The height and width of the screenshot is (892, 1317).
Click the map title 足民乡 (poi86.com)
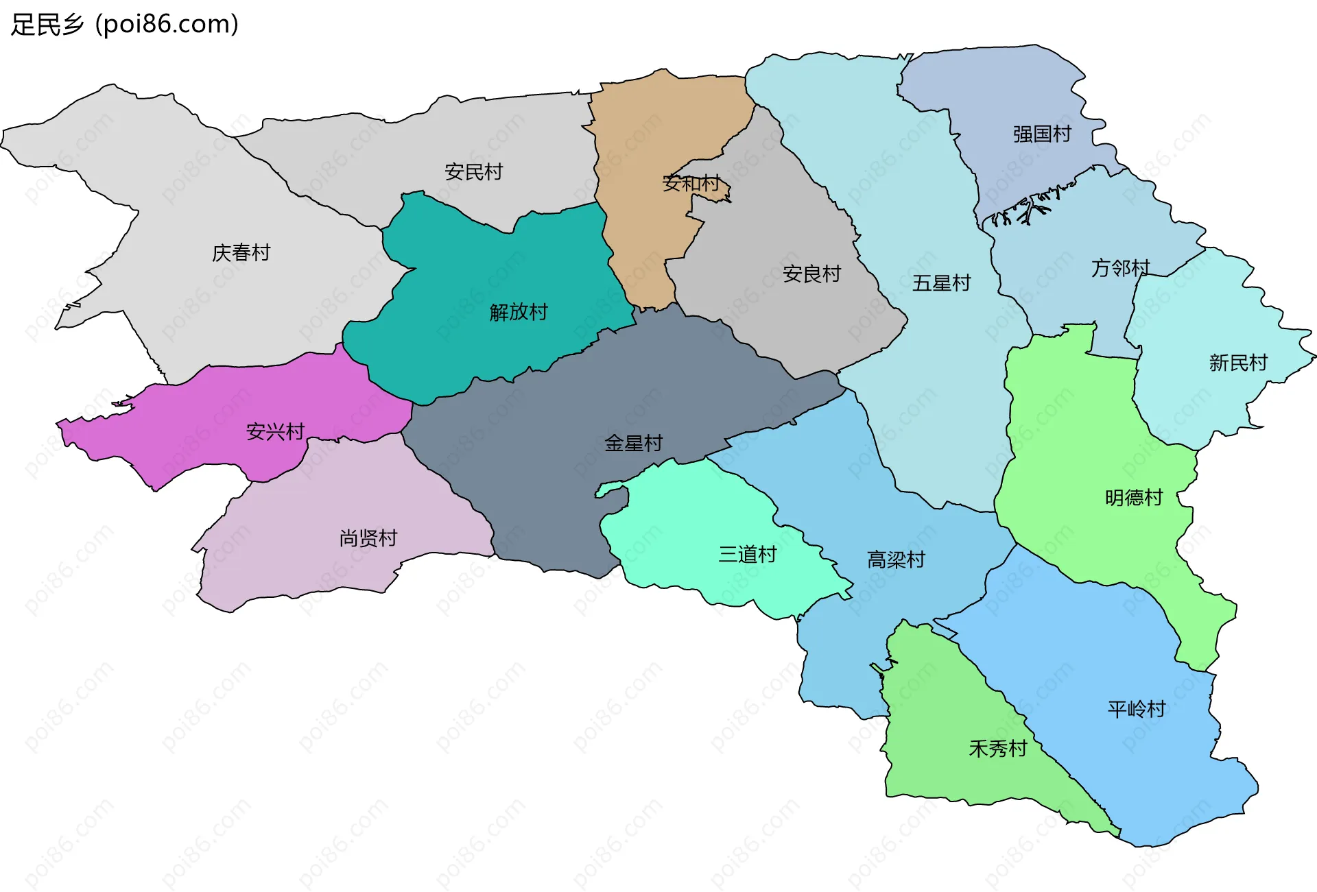pos(125,25)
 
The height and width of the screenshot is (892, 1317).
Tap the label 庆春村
pos(241,253)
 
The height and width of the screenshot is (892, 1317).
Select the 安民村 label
pos(473,172)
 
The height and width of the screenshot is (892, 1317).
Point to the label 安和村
pos(691,183)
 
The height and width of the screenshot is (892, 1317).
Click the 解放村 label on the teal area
pos(519,312)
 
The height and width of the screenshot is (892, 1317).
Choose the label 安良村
pos(811,274)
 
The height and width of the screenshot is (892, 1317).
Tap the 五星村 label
pos(941,283)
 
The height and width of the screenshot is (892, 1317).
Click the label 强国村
pos(1042,134)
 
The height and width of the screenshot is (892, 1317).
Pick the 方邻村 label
pos(1120,267)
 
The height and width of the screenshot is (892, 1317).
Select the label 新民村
pos(1238,363)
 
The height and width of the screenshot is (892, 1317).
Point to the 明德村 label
pos(1134,498)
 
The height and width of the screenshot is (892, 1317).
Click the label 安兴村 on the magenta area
pos(275,432)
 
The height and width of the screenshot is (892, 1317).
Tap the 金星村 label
pos(633,444)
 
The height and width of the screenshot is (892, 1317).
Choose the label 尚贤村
pos(368,538)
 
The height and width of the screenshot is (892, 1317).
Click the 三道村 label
pos(747,554)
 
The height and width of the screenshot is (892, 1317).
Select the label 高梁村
pos(896,560)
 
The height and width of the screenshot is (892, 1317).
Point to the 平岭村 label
pos(1137,709)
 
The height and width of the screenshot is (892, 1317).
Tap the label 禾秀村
pos(997,749)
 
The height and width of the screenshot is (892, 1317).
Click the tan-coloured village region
pos(645,226)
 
